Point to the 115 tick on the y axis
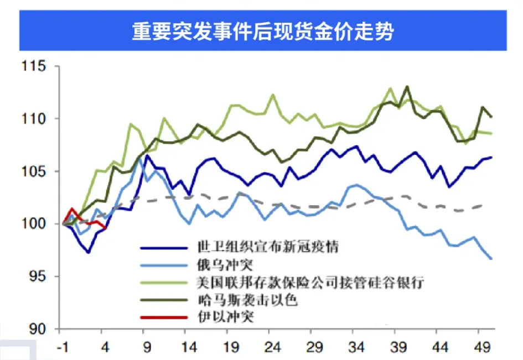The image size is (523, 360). pos(39,66)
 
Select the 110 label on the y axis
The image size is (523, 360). pos(39,119)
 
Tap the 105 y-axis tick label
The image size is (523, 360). pos(39,171)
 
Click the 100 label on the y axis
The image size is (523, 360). pos(39,224)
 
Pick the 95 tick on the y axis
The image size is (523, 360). pos(43,276)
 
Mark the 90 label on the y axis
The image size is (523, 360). pos(43,329)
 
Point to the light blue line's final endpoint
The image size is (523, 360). pos(492,258)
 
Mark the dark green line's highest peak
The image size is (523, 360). pos(407,86)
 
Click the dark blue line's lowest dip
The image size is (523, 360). pos(88,253)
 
